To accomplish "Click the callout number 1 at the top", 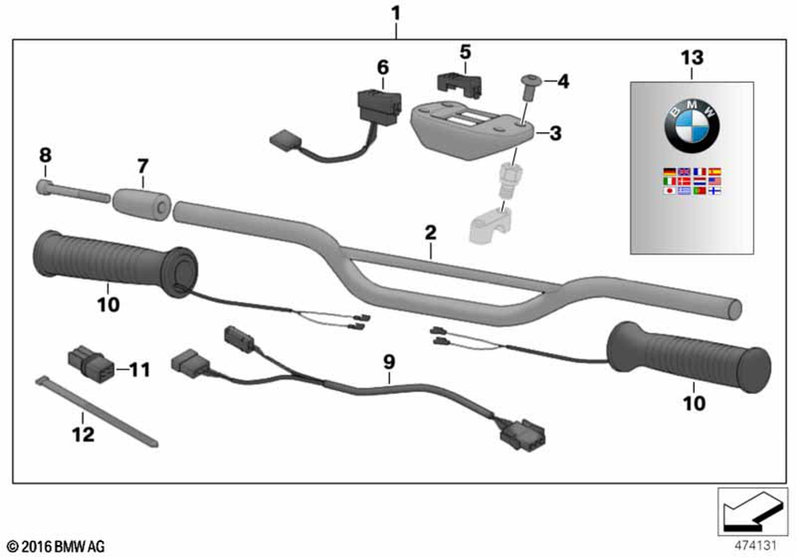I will pos(396,14).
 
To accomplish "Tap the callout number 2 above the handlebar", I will pos(431,232).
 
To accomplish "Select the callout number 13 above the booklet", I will pos(692,56).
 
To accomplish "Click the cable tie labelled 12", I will pos(96,411).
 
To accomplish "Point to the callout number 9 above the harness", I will pos(388,361).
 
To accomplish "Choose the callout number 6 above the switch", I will pos(383,67).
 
